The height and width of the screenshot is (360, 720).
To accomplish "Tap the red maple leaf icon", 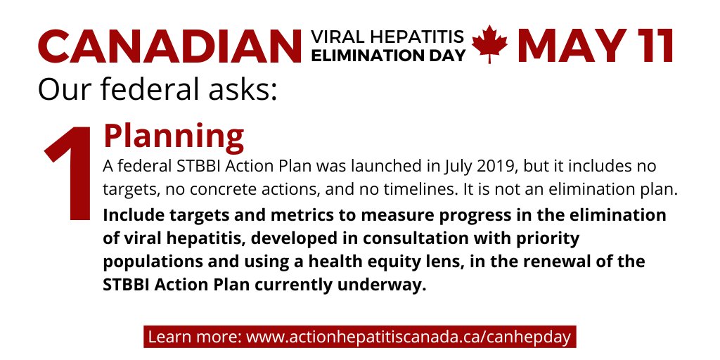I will point(490,44).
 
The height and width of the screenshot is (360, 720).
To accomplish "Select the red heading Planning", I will point(174,136).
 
